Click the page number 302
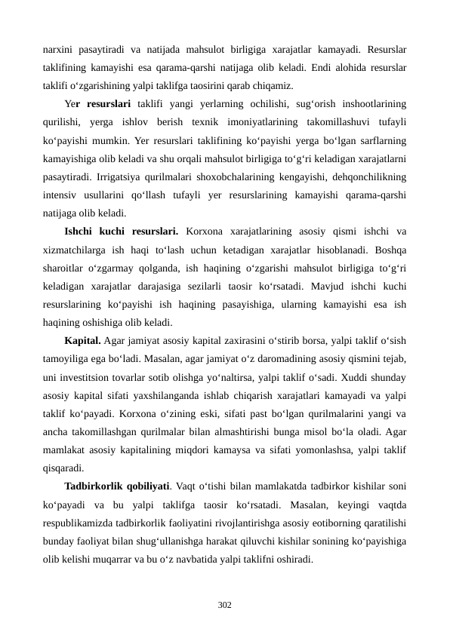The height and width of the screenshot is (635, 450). click(224, 604)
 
